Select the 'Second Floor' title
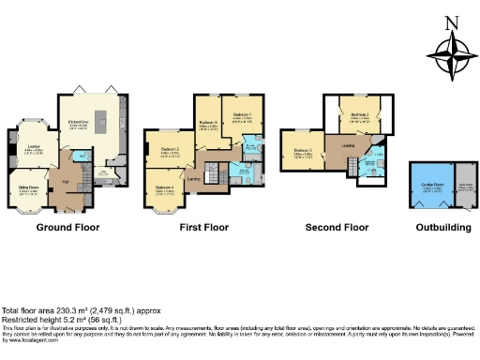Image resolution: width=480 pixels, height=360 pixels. (x=336, y=227)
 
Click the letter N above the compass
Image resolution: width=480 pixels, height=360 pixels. (x=452, y=23)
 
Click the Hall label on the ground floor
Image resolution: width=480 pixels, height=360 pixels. (x=66, y=180)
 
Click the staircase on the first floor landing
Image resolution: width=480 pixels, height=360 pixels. (x=213, y=172)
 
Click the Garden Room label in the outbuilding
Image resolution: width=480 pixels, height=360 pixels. (x=431, y=187)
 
